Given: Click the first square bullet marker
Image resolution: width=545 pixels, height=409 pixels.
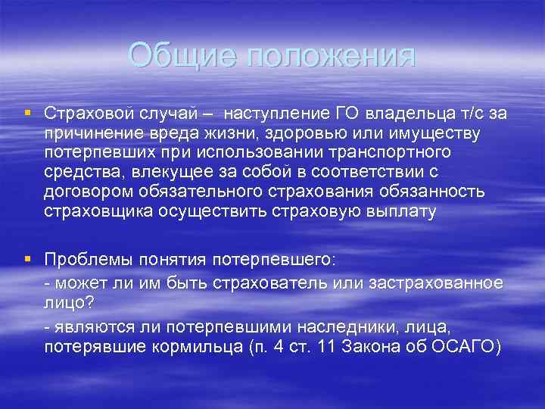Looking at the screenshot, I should (27, 113).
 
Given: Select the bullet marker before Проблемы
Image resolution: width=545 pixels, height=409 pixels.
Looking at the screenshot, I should (27, 258).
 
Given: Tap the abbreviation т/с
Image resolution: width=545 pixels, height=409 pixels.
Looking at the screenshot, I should (469, 114).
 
